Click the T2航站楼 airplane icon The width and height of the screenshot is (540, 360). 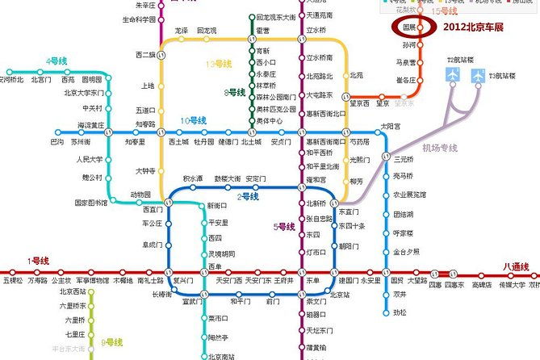[x=453, y=75]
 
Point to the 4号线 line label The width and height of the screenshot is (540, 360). [x=57, y=61]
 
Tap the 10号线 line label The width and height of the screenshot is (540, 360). [x=194, y=120]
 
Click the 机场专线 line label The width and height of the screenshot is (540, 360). [x=440, y=148]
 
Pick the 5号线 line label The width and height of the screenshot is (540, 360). [x=285, y=227]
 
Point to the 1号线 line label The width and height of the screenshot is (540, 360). [x=38, y=260]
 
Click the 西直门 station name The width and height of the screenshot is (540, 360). [x=152, y=209]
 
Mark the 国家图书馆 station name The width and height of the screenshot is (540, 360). [x=90, y=203]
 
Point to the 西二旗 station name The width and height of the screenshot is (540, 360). [x=144, y=55]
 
